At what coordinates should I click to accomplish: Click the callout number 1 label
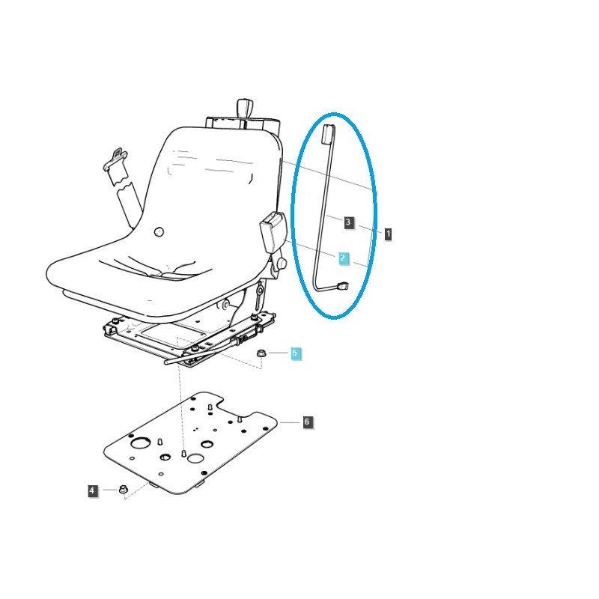coord(388,234)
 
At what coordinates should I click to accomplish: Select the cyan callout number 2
coord(343,258)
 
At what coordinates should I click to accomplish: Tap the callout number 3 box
coord(348,222)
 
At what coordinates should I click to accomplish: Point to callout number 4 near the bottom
coord(92,490)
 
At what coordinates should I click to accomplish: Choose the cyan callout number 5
coord(295,352)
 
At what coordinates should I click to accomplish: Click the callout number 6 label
coord(306,422)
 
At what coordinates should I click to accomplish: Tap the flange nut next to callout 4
coord(124,490)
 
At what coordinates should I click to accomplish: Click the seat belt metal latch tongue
coord(115,160)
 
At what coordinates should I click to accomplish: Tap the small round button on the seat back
coord(159,232)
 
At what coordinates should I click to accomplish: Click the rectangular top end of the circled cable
coord(326,133)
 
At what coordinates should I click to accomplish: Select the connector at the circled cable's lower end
coord(344,285)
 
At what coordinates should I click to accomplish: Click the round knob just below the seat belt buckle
coord(282,264)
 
